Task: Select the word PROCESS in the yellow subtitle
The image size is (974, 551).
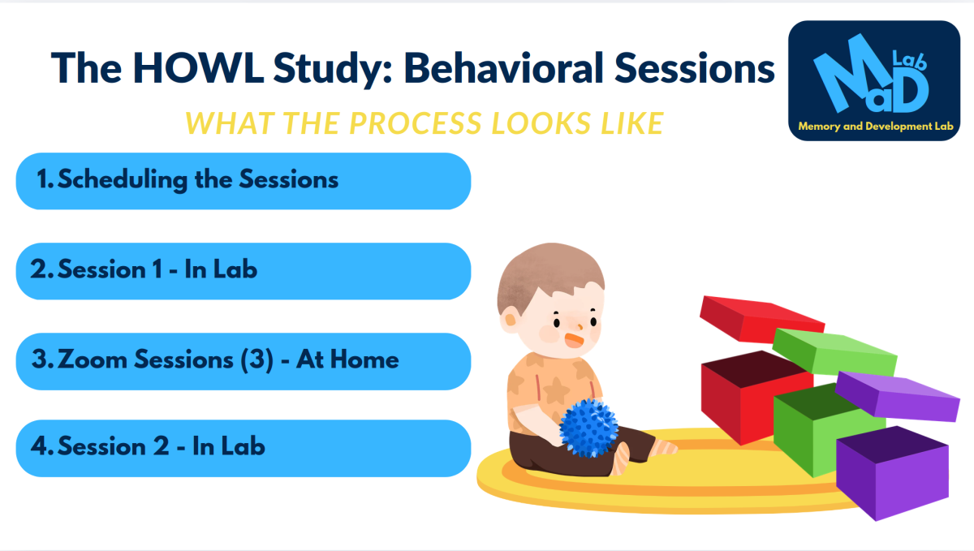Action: pos(416,123)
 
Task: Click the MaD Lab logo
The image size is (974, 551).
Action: pos(874,80)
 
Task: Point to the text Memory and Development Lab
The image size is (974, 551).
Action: pos(876,126)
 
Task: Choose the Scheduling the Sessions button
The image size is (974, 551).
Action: pos(243,181)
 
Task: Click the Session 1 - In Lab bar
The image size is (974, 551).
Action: pos(243,271)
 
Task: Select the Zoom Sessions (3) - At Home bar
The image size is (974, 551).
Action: pos(243,361)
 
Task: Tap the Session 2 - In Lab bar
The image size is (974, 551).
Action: pos(243,449)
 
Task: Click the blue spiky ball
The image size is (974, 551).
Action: pos(588,428)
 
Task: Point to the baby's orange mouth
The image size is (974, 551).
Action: pos(574,340)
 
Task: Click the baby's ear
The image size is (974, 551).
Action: pos(510,320)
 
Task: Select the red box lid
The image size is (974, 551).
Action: pos(762,318)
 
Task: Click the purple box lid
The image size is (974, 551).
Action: pos(897,396)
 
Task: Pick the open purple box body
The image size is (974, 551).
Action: pos(892,473)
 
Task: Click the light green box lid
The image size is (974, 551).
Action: pos(834,352)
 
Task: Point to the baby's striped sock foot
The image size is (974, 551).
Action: pos(664,448)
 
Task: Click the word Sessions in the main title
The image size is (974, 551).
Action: pos(695,68)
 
